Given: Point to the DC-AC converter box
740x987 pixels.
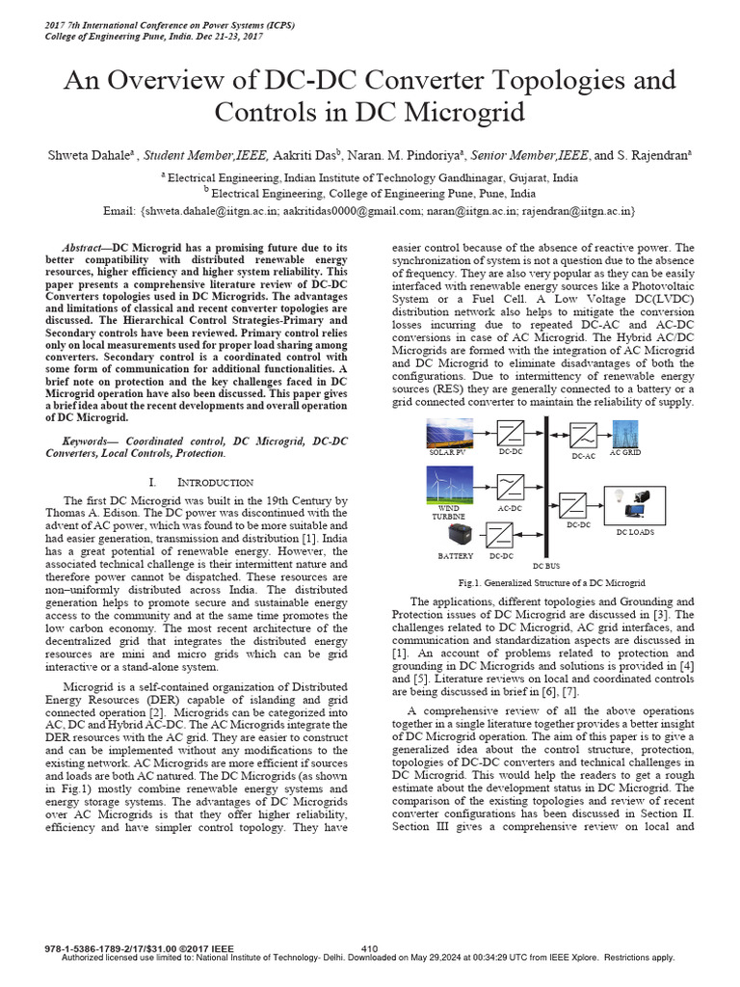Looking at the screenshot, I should (x=582, y=434).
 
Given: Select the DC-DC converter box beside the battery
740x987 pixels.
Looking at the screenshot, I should (x=500, y=536).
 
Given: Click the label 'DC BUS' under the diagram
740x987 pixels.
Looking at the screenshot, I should (x=545, y=566).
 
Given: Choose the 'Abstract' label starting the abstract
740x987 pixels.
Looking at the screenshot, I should (x=81, y=248).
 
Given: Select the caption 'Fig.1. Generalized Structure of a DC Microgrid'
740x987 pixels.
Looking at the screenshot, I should (x=553, y=583).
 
